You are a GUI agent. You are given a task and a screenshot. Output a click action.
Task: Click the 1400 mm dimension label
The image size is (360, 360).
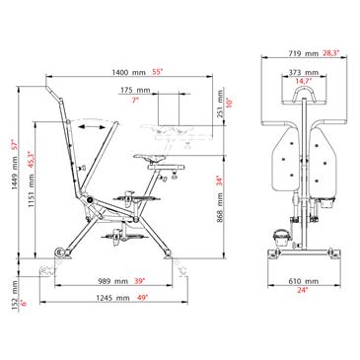[x=128, y=72]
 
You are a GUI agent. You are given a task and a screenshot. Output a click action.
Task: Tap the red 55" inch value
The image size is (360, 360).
[x=158, y=72]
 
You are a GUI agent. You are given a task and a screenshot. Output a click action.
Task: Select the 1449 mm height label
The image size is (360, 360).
[x=14, y=177]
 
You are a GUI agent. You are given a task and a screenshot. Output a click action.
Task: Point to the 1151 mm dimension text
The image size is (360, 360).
[x=31, y=194]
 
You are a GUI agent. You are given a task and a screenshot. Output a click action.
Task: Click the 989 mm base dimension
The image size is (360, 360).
[x=112, y=281]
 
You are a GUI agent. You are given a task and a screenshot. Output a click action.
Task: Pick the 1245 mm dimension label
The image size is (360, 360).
[x=112, y=298]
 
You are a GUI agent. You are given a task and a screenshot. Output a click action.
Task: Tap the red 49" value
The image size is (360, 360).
[x=143, y=298]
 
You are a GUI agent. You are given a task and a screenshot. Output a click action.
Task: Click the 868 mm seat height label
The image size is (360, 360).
[x=220, y=207]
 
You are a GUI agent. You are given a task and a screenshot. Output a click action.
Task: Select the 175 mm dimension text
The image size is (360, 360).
[x=135, y=90]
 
